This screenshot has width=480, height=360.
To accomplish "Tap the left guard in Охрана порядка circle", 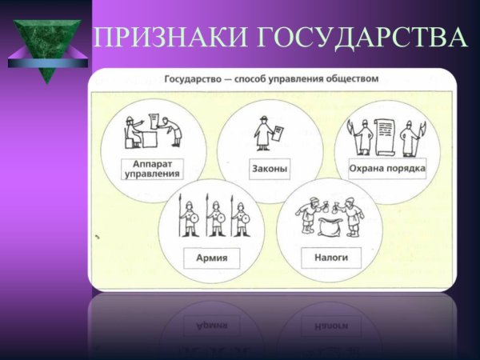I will pyautogui.click(x=360, y=136).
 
